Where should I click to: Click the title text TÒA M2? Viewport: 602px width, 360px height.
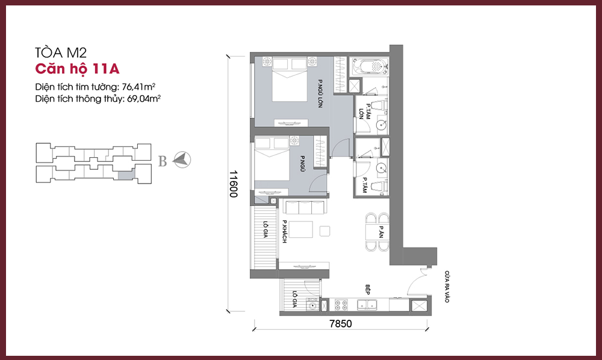61,52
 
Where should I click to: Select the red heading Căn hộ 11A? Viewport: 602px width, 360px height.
77,69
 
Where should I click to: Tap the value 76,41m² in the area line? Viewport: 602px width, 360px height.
138,87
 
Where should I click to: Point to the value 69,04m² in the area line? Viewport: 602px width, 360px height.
144,99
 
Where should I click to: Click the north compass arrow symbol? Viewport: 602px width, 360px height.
182,160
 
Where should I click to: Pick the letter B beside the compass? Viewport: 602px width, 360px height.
163,161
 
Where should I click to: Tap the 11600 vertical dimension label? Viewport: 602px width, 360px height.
234,184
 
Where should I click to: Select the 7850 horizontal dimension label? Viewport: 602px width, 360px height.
341,323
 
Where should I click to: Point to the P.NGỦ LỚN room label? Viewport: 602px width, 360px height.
320,93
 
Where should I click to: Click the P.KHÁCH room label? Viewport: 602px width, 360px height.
285,231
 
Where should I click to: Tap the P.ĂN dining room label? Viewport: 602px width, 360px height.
381,231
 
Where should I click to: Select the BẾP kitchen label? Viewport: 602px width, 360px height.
367,290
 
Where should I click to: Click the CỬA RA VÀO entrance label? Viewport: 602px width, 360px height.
447,287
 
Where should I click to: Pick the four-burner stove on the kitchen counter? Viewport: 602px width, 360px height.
341,305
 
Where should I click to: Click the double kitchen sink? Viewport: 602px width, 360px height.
367,305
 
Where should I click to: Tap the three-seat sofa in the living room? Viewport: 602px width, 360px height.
305,207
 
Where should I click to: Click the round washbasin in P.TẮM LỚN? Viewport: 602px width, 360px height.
381,125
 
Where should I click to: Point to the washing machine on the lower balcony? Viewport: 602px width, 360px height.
313,305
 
